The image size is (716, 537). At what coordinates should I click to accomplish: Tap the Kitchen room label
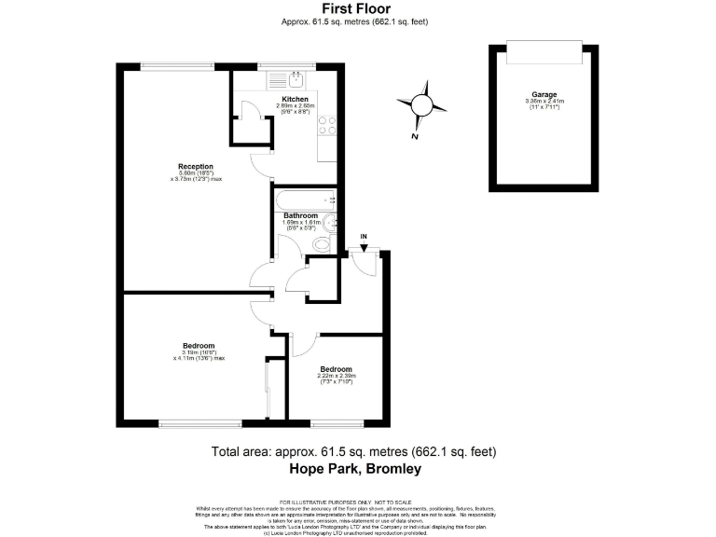tap(295, 99)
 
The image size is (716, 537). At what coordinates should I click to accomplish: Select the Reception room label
tap(189, 167)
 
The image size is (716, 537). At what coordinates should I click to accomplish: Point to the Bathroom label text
tap(301, 215)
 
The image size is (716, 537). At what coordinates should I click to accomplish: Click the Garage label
tap(544, 94)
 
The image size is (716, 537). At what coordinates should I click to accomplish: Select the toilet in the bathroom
tap(321, 243)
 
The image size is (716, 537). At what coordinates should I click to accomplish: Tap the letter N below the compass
tap(413, 136)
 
